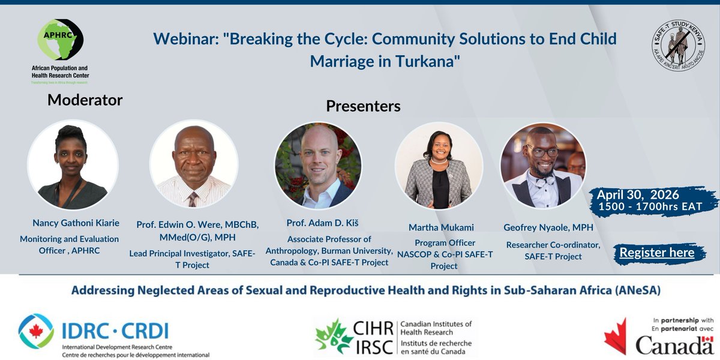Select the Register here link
(x=656, y=253)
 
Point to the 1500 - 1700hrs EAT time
(x=650, y=206)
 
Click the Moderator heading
(x=85, y=100)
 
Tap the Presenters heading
(x=362, y=106)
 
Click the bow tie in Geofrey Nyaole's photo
(x=544, y=179)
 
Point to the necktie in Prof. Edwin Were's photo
(x=193, y=199)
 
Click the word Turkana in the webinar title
(x=424, y=62)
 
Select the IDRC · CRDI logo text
(x=115, y=331)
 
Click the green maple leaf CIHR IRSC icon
(x=334, y=335)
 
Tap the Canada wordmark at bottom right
(x=674, y=345)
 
